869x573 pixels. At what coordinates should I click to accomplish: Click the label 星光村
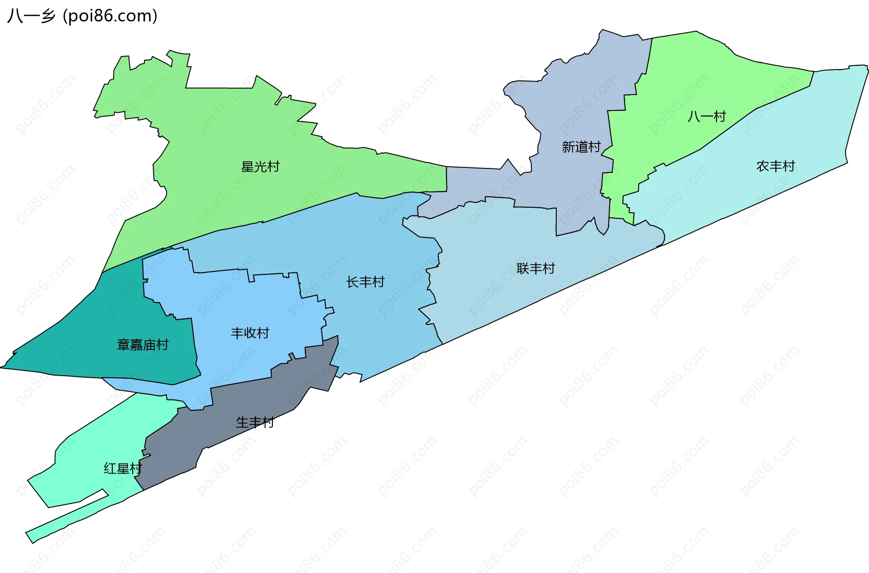click(x=260, y=167)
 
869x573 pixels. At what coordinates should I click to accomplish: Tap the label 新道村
click(x=581, y=147)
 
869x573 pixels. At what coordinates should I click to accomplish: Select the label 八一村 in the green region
click(x=707, y=117)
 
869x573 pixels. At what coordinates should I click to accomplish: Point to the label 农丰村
click(x=776, y=167)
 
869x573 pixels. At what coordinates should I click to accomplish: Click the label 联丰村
click(x=536, y=269)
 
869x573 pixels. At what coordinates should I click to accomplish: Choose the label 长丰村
click(x=365, y=282)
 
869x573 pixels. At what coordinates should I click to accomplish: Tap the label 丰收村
click(x=250, y=334)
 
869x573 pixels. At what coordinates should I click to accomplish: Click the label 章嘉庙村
click(x=143, y=345)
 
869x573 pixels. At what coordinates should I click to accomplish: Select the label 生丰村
click(x=255, y=423)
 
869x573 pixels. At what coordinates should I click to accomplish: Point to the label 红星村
click(x=123, y=468)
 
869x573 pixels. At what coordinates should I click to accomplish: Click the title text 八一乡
click(x=31, y=16)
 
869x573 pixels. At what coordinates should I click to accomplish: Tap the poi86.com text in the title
click(x=110, y=16)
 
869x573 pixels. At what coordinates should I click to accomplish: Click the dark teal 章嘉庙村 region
click(x=91, y=326)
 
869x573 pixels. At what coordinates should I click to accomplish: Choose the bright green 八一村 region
click(x=670, y=91)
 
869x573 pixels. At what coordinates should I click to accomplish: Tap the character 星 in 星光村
click(x=248, y=167)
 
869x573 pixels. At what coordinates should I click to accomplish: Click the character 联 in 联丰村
click(x=523, y=269)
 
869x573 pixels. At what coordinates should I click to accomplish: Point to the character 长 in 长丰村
click(x=353, y=282)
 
